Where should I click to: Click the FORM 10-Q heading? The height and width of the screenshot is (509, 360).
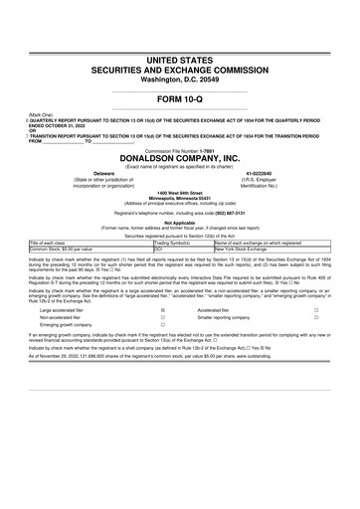click(x=180, y=102)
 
